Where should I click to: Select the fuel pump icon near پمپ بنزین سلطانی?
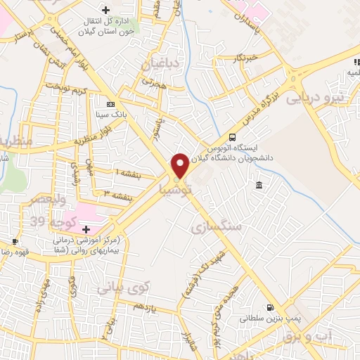point(269,307)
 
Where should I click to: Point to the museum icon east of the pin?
point(259,185)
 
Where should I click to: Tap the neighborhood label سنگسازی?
point(215,226)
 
